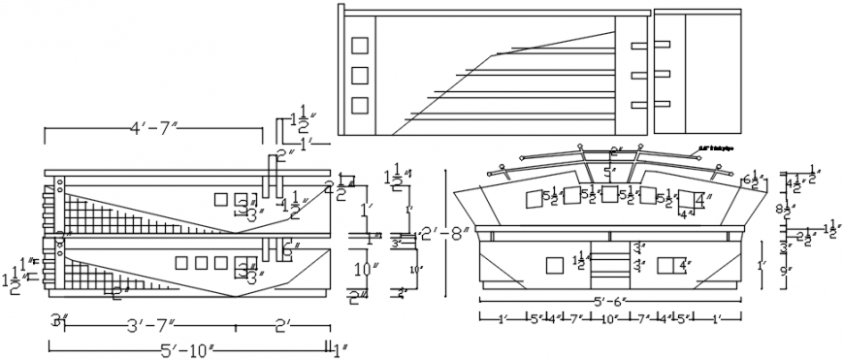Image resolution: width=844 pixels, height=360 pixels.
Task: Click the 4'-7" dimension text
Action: coord(155,126)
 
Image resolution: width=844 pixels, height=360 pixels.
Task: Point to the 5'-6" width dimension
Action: coord(608,303)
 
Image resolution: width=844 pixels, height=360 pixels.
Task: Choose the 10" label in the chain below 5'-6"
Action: coord(609,318)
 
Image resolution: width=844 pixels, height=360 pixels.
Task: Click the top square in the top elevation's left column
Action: coord(360,45)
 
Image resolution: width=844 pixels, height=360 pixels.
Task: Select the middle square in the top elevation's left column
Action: coord(360,75)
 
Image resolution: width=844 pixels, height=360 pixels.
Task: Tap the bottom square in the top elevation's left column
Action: coord(360,105)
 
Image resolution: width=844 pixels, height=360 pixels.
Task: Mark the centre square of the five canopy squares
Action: coord(609,194)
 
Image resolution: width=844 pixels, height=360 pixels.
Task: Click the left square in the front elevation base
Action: coord(555,265)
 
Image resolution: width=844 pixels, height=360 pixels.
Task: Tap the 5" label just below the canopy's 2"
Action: coord(609,173)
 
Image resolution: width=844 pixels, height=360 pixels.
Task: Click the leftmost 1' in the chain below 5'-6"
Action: coord(501,318)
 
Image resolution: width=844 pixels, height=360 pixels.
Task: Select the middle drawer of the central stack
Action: coord(609,264)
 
